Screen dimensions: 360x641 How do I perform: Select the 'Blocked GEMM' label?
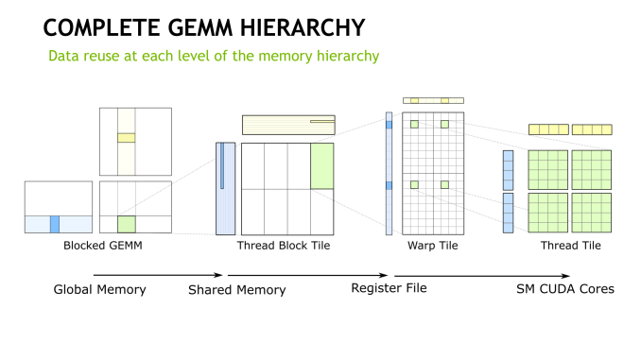coord(97,246)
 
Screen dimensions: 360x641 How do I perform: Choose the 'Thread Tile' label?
coord(570,246)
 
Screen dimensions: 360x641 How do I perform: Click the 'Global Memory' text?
coord(99,289)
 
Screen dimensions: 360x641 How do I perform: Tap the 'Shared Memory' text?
coord(236,290)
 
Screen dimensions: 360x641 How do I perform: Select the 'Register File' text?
coord(389,287)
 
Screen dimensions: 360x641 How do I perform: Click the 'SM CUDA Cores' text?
coord(565,288)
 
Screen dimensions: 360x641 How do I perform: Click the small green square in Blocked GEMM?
coord(126,224)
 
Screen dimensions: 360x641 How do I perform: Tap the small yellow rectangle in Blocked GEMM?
coord(126,138)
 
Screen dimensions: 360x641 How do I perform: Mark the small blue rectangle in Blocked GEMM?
coord(55,224)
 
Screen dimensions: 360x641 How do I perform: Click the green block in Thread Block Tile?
coord(321,165)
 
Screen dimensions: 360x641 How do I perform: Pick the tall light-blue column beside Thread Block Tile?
coord(225,188)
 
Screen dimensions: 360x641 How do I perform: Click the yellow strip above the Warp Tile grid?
coord(434,100)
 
